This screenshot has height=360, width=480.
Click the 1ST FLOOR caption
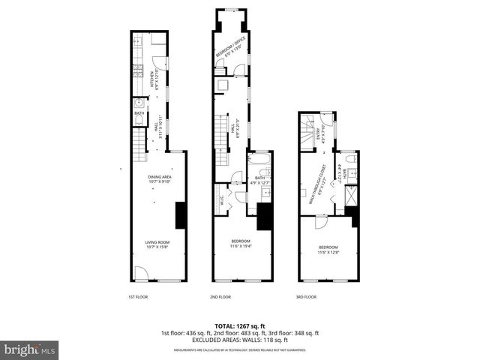point(137,297)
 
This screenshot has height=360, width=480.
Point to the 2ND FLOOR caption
point(220,297)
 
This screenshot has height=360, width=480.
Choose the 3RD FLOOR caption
point(306,297)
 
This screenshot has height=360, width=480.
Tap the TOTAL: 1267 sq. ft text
point(240,325)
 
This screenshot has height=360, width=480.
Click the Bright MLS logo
point(30,349)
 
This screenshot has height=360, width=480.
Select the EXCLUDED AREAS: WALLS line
point(240,340)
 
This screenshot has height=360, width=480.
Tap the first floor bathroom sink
point(139,103)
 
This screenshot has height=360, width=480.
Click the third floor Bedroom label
point(328,249)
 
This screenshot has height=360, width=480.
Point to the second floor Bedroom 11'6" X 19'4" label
point(241,243)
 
